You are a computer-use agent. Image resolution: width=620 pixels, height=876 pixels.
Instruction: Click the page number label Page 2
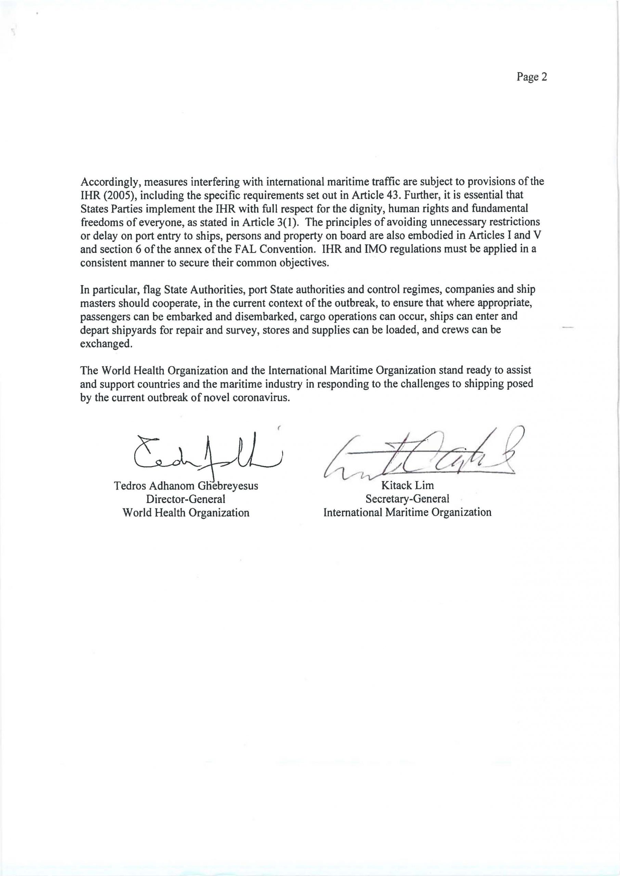click(x=532, y=77)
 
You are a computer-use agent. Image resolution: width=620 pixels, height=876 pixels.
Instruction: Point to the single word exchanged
click(x=106, y=344)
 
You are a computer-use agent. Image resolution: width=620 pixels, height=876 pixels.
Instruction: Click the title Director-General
click(x=186, y=499)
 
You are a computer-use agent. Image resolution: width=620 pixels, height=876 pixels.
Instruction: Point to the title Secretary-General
click(x=408, y=499)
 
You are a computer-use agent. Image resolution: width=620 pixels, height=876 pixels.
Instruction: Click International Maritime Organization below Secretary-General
click(x=408, y=512)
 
